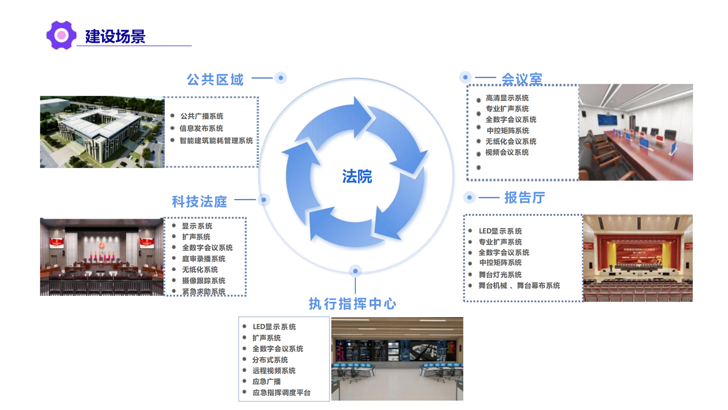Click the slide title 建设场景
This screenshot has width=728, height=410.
tap(115, 36)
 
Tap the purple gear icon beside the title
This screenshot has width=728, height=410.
tap(61, 35)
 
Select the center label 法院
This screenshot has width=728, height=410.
tap(357, 176)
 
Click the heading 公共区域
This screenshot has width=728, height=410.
tap(215, 80)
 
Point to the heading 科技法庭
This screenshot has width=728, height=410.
tap(199, 202)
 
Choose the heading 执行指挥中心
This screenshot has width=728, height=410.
tap(353, 304)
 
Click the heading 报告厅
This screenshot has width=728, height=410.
tap(524, 198)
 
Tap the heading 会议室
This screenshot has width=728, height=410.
tap(522, 79)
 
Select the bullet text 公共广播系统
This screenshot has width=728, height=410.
tap(202, 116)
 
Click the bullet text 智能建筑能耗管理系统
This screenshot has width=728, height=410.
tap(216, 140)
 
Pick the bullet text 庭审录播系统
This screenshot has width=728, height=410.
tap(204, 258)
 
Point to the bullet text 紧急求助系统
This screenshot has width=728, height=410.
tap(204, 291)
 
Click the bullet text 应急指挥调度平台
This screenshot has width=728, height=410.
tap(281, 393)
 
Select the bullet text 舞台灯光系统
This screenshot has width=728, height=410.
tap(500, 274)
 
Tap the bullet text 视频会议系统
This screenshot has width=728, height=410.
tap(507, 152)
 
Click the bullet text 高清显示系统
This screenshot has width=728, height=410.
tap(507, 98)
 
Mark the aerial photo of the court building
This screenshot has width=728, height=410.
tap(102, 132)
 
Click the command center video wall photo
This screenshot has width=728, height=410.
tap(397, 359)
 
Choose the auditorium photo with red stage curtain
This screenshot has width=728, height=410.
tap(638, 258)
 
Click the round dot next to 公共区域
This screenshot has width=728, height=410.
tap(281, 78)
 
